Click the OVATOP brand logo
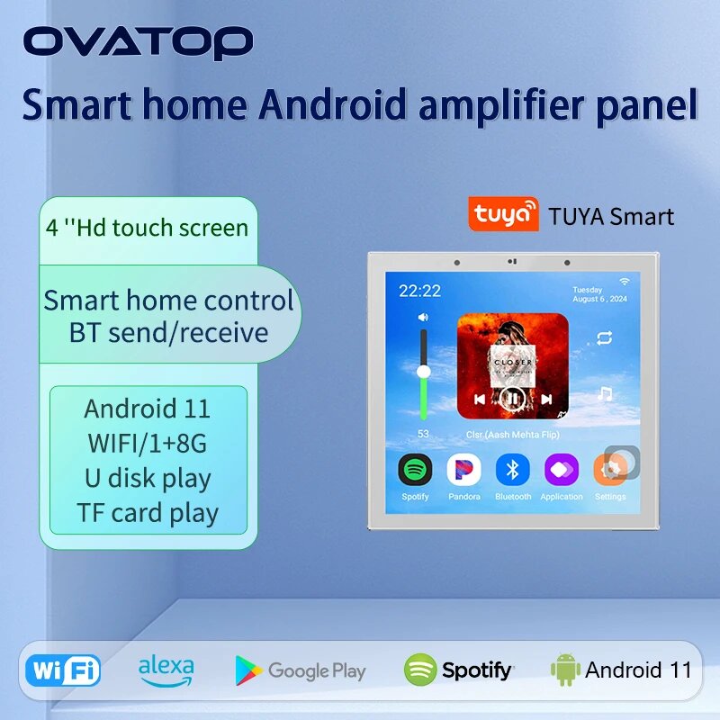pyautogui.click(x=138, y=42)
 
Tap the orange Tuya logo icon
pyautogui.click(x=503, y=215)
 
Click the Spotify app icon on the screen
pyautogui.click(x=415, y=469)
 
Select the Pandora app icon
pyautogui.click(x=464, y=469)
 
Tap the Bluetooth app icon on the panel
pyautogui.click(x=513, y=469)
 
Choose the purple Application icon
pyautogui.click(x=562, y=469)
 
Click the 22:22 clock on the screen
pyautogui.click(x=419, y=291)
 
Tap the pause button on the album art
pyautogui.click(x=512, y=398)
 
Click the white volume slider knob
pyautogui.click(x=423, y=370)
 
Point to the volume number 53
pyautogui.click(x=423, y=433)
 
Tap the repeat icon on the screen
pyautogui.click(x=604, y=338)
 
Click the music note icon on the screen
pyautogui.click(x=605, y=394)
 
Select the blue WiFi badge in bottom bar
pyautogui.click(x=63, y=670)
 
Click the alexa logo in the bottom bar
pyautogui.click(x=166, y=669)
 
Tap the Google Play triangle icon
pyautogui.click(x=248, y=670)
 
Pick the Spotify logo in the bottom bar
pyautogui.click(x=459, y=670)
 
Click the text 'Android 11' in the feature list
pyautogui.click(x=147, y=409)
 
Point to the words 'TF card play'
pyautogui.click(x=148, y=513)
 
